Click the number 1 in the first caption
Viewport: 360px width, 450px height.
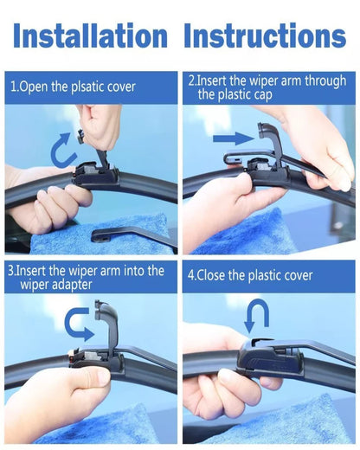point(14,87)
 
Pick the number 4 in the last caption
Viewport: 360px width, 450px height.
point(192,276)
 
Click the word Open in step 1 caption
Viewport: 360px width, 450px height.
point(35,87)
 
